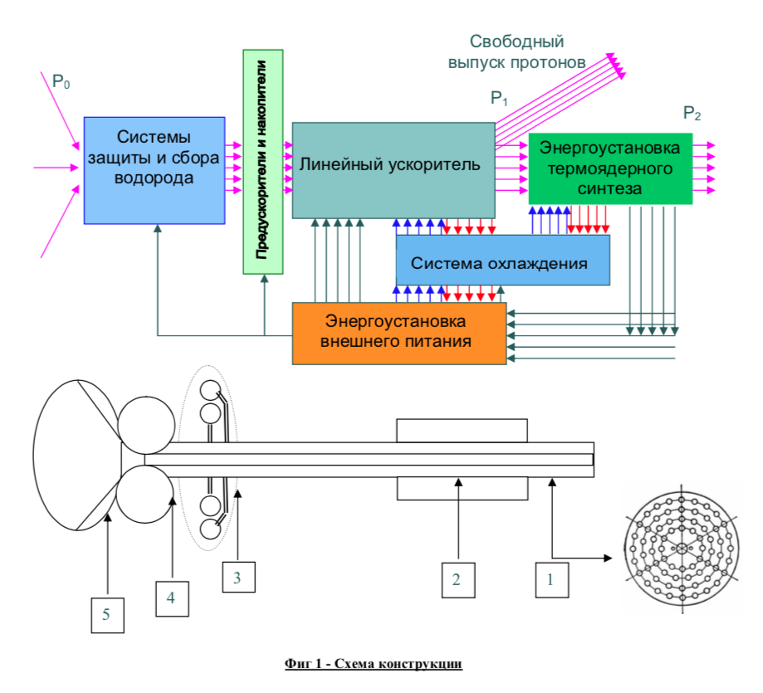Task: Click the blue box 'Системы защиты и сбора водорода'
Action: (x=154, y=170)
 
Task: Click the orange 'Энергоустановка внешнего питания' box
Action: (x=399, y=333)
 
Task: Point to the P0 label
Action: (x=61, y=81)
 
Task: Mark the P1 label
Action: (x=499, y=100)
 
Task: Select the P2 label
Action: (x=692, y=113)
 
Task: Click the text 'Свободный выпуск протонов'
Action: (x=516, y=51)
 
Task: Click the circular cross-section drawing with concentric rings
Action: (x=682, y=549)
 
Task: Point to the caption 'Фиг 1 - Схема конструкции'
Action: (x=373, y=664)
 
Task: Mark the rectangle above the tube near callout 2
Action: (x=461, y=430)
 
